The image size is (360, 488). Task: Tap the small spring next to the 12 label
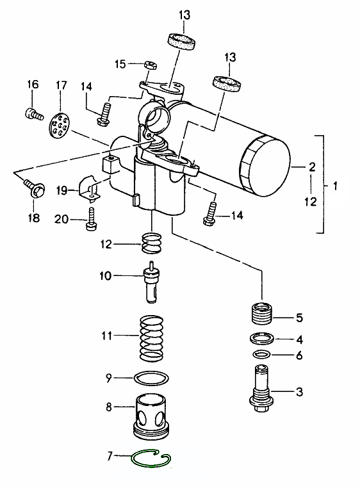[152, 243]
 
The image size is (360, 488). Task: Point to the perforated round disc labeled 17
[60, 124]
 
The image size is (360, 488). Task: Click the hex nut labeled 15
[151, 65]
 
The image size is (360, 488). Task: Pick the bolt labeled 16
[33, 113]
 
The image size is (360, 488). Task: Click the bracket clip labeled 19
[90, 189]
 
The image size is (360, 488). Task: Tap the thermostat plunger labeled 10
[151, 282]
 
